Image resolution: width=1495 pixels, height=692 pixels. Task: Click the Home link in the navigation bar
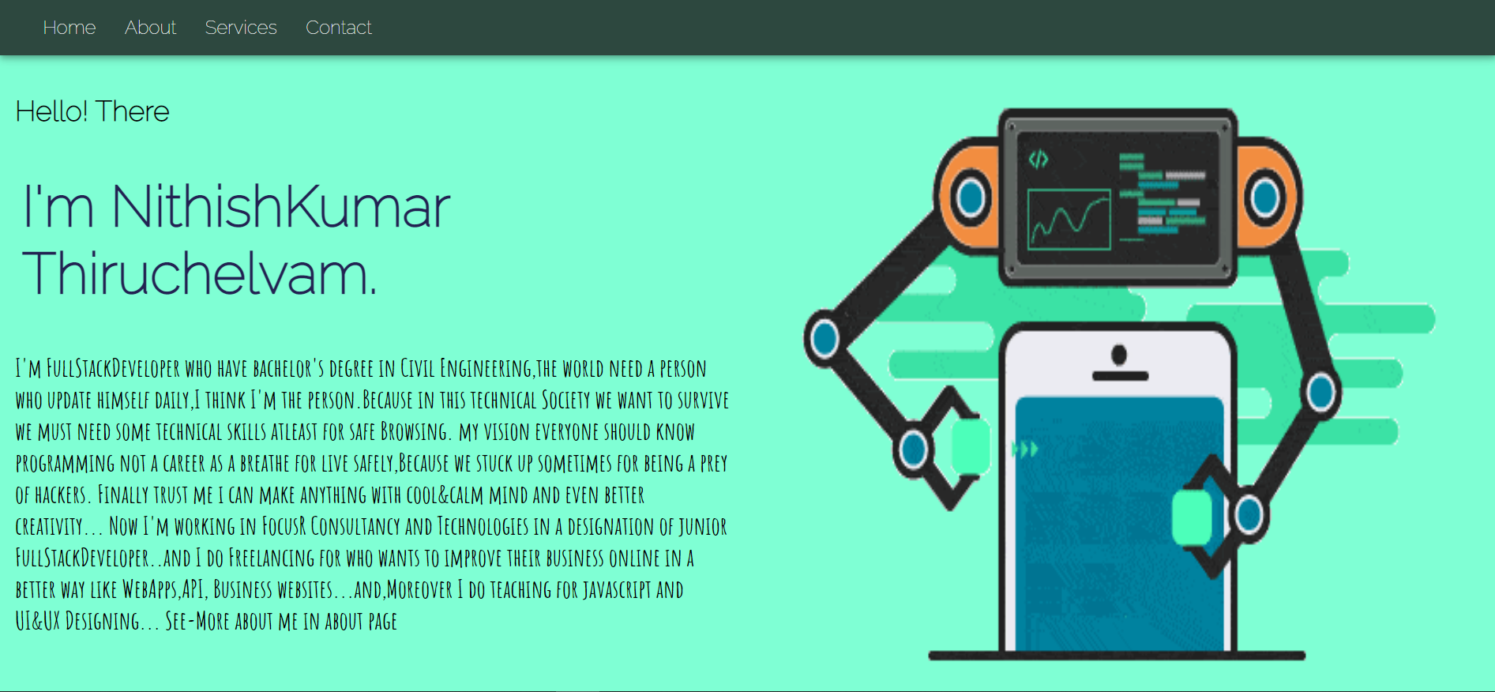(69, 28)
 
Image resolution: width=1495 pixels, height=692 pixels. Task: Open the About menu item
(150, 28)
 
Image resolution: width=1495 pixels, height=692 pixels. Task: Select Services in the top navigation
(241, 28)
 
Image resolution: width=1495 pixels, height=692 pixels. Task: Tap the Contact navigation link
(339, 28)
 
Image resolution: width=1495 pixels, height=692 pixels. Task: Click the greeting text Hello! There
(92, 111)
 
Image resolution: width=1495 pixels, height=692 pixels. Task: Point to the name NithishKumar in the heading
(281, 207)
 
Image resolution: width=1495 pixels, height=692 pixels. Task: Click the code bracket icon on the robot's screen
(1038, 160)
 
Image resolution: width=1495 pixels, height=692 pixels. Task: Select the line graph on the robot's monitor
(1069, 220)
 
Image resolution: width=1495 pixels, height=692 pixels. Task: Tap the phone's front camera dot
(1119, 355)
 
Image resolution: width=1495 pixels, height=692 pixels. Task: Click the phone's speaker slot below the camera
(1120, 376)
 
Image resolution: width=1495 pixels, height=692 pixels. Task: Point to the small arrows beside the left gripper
(1025, 449)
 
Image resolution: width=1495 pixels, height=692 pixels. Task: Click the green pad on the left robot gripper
(971, 446)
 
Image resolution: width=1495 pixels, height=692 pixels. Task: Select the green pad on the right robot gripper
(1193, 517)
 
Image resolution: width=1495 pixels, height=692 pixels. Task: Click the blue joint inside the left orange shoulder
(971, 197)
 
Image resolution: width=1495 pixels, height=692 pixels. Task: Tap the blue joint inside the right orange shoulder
(1265, 197)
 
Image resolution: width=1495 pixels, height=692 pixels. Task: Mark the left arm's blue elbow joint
(825, 338)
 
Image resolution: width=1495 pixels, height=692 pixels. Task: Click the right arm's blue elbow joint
(1321, 392)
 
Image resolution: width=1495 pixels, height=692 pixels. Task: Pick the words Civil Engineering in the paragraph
(466, 368)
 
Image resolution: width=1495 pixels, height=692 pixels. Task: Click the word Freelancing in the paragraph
(271, 558)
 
